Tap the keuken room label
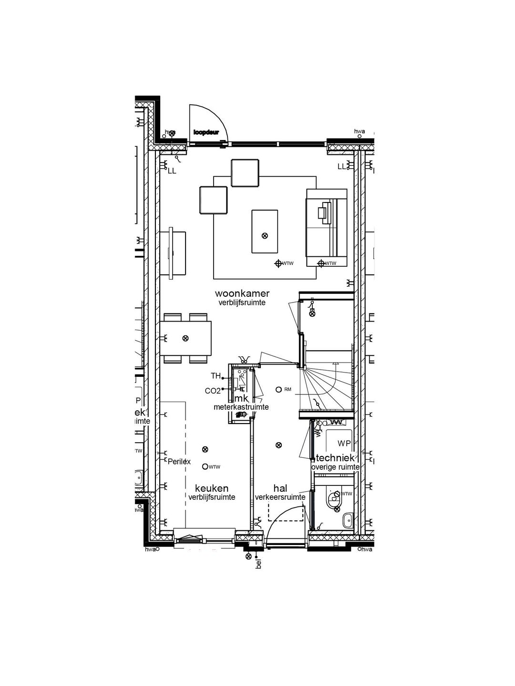point(211,488)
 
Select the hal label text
point(280,488)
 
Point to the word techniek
point(336,458)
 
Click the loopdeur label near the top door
point(206,132)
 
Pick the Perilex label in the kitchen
point(179,461)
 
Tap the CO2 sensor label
point(213,391)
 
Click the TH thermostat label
point(216,376)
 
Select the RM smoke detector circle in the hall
point(278,389)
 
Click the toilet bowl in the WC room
point(334,498)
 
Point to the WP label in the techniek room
point(344,444)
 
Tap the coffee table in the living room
point(265,232)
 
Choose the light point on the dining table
point(185,338)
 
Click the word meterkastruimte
point(241,407)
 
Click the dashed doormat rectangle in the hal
point(286,514)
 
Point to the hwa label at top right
point(360,131)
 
